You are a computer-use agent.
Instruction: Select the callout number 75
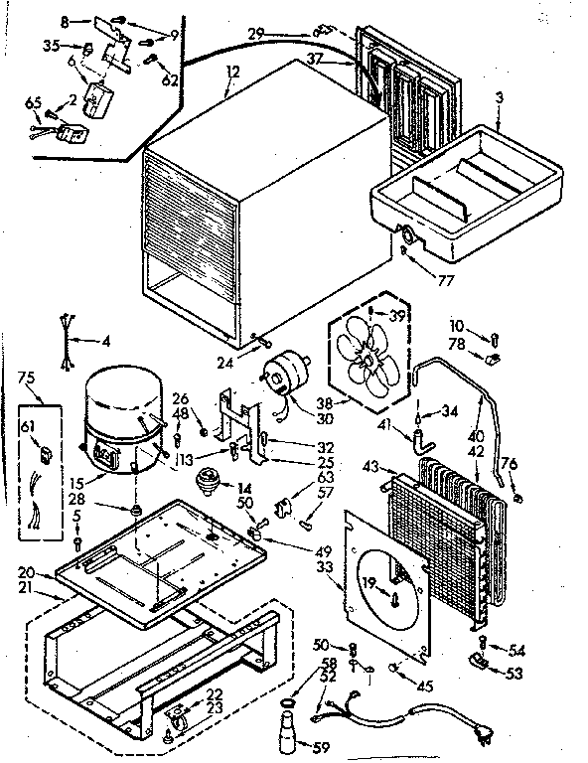27,378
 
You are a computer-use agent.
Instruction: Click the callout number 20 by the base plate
25,572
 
